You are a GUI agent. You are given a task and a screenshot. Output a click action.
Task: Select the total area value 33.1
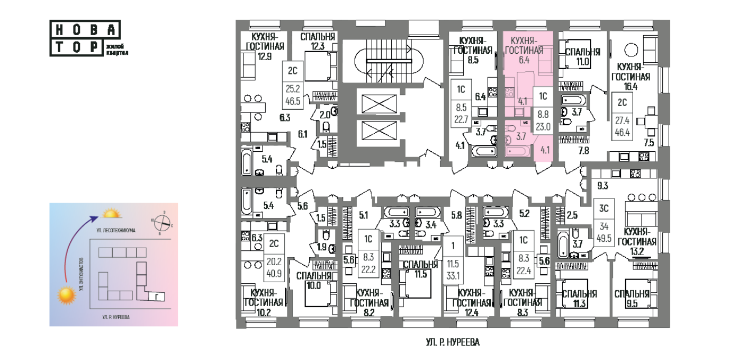tap(454, 275)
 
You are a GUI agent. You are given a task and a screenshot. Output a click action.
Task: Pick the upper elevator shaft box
tap(380, 103)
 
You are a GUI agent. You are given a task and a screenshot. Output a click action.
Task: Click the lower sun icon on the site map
tap(67, 296)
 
